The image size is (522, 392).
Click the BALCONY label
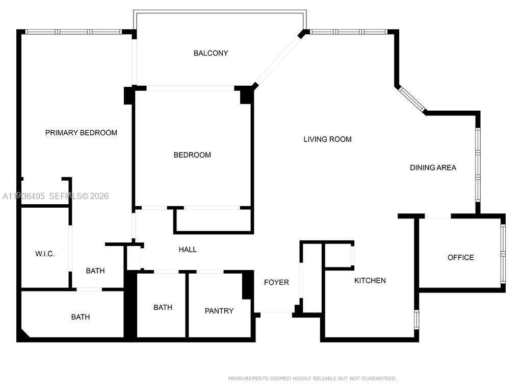(211, 53)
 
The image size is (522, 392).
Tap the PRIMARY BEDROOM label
(81, 133)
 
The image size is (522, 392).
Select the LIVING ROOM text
(327, 139)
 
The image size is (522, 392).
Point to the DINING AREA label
(433, 167)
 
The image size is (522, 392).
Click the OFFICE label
(460, 257)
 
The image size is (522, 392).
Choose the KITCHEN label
(370, 280)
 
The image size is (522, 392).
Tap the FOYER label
(276, 282)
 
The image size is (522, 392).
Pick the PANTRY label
(219, 310)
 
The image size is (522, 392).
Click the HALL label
(188, 250)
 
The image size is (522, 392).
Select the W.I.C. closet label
(45, 254)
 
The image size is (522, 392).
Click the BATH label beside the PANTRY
(163, 307)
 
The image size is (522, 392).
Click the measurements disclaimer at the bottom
(312, 378)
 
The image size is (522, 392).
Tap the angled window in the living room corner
(411, 99)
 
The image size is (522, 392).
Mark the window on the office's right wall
(503, 253)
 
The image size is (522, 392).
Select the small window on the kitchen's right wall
(416, 318)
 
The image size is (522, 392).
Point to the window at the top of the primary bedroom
(74, 32)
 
